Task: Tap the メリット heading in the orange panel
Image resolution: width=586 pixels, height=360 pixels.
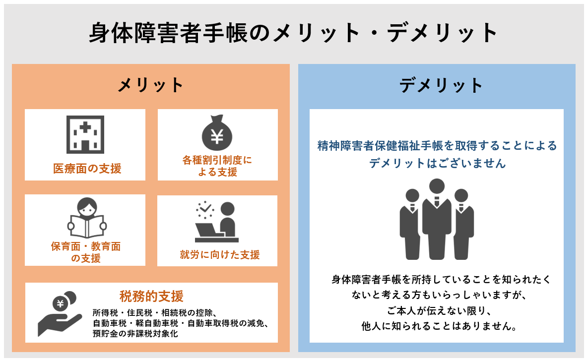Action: [150, 85]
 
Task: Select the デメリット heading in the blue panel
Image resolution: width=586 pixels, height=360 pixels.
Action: [441, 85]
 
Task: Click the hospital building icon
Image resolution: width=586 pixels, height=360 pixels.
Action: [85, 134]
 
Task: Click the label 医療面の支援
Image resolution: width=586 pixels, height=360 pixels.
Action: [87, 169]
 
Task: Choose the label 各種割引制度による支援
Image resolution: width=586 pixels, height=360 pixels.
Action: [217, 166]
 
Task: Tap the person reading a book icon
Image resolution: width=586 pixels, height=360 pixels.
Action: [86, 218]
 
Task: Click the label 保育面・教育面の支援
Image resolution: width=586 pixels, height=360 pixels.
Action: [86, 252]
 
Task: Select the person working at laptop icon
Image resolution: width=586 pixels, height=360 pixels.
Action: [217, 221]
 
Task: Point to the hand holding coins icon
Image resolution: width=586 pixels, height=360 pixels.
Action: [60, 313]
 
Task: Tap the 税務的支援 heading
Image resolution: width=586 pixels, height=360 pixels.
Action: [151, 297]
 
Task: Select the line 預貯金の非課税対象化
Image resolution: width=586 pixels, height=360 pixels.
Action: [135, 334]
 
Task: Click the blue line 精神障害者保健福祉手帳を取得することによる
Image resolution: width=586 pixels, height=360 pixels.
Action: [437, 146]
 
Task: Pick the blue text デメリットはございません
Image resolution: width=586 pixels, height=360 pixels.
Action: [437, 163]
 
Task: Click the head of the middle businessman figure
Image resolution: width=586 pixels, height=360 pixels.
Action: [437, 187]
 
